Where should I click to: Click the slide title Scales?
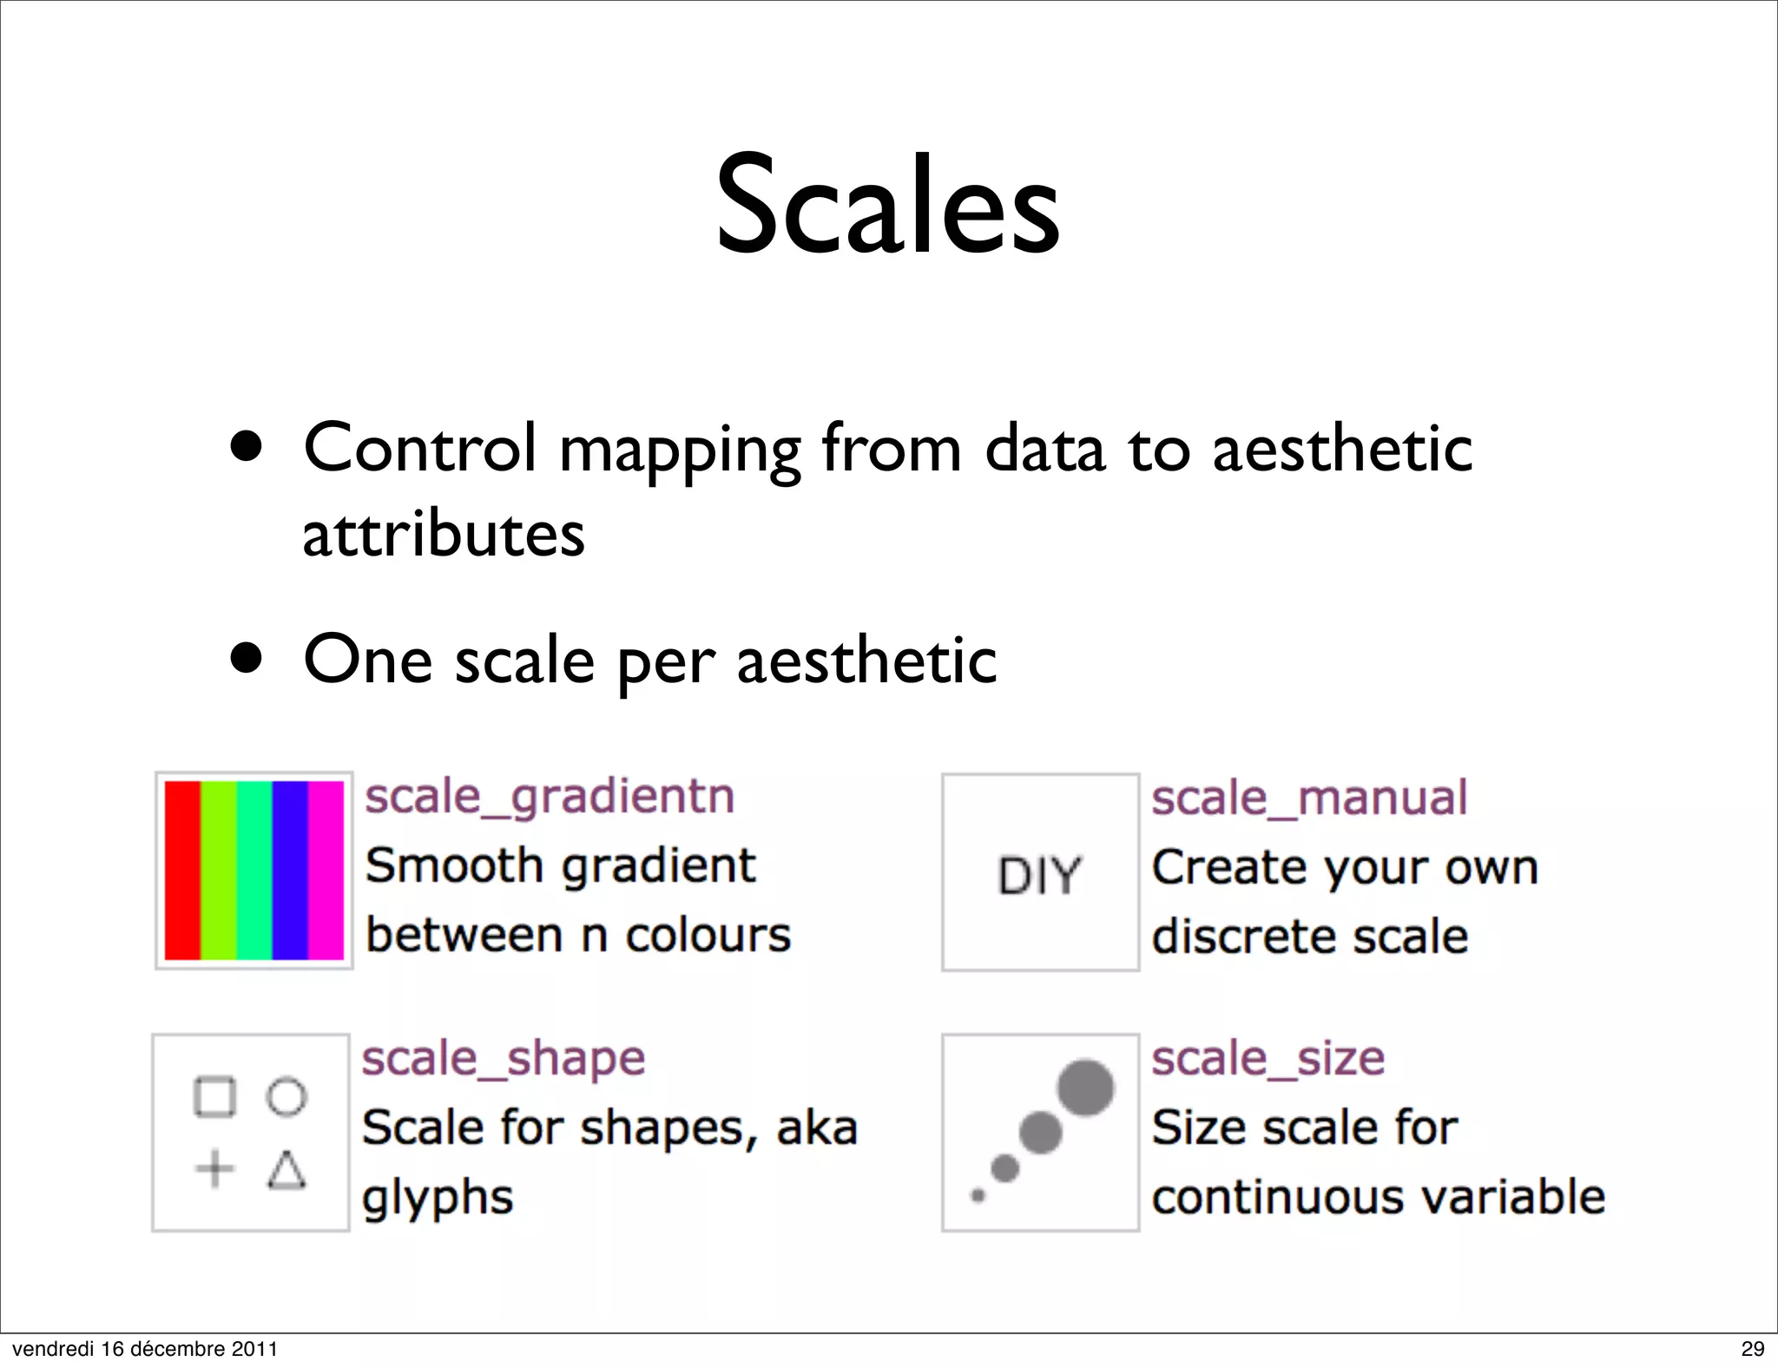click(x=887, y=206)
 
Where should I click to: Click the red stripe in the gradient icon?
click(x=182, y=870)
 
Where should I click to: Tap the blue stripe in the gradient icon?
click(x=289, y=870)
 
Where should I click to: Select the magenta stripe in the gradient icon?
click(x=326, y=870)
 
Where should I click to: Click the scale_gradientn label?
click(x=549, y=797)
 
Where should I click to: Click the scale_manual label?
click(x=1308, y=798)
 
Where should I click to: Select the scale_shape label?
click(x=504, y=1059)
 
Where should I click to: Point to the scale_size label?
click(x=1268, y=1059)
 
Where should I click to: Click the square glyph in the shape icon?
click(x=214, y=1096)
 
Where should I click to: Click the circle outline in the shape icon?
click(x=286, y=1097)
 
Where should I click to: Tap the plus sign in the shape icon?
click(x=214, y=1168)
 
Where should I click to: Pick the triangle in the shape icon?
click(x=286, y=1170)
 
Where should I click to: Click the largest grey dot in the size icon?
click(x=1085, y=1087)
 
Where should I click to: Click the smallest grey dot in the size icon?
click(x=978, y=1196)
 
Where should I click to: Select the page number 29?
click(x=1752, y=1349)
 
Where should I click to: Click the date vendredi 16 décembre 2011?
click(x=145, y=1349)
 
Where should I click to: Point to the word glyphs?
click(x=438, y=1199)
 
